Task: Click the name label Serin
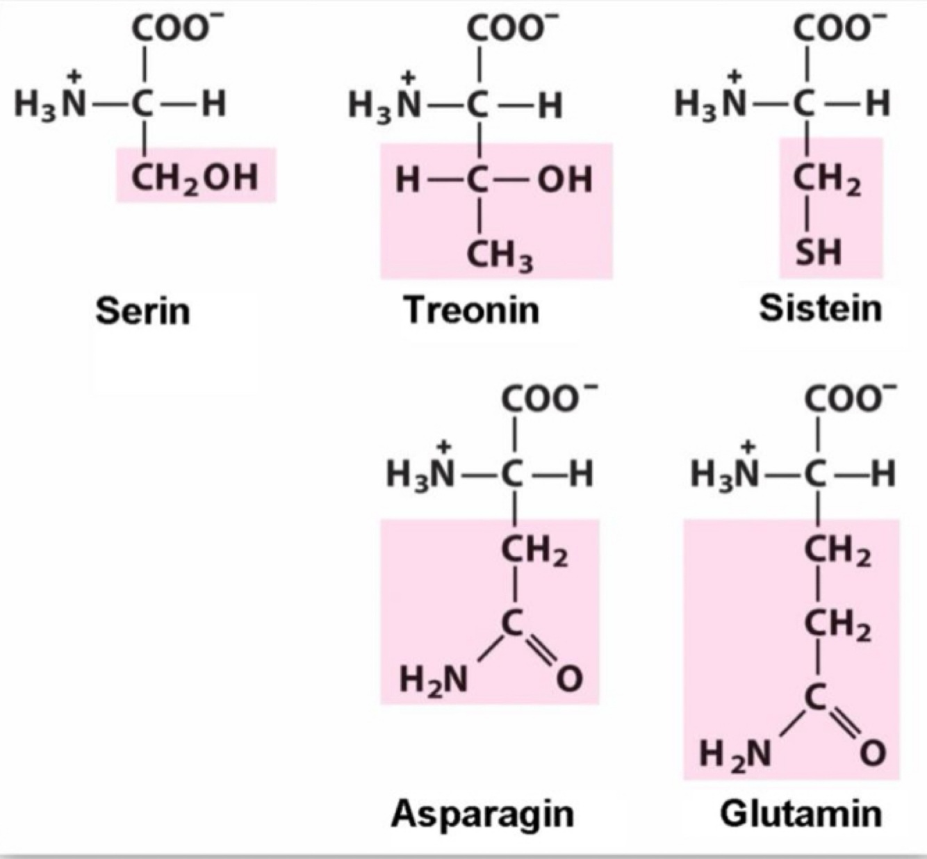pos(142,310)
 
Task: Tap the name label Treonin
pos(471,309)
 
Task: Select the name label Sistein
pos(820,308)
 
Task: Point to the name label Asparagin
pos(482,814)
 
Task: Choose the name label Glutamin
pos(801,814)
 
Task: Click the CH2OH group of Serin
pos(195,177)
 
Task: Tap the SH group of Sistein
pos(819,252)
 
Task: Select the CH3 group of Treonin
pos(499,256)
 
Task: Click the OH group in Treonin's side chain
pos(565,180)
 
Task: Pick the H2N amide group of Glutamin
pos(735,753)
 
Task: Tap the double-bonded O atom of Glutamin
pos(873,753)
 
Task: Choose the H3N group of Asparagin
pos(420,474)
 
